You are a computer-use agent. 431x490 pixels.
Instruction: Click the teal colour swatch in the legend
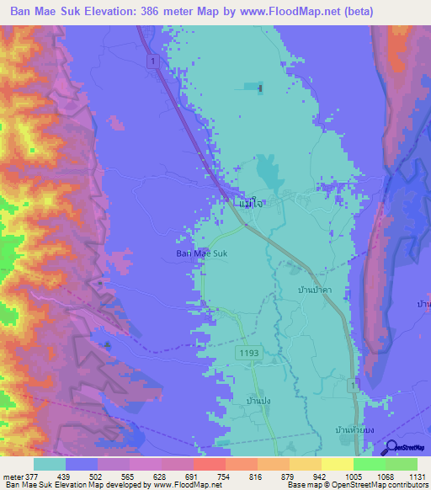pyautogui.click(x=50, y=464)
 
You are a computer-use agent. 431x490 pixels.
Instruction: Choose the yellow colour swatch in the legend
pyautogui.click(x=337, y=464)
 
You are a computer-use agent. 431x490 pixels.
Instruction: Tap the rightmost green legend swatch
pyautogui.click(x=401, y=464)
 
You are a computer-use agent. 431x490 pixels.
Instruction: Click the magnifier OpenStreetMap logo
pyautogui.click(x=392, y=448)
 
